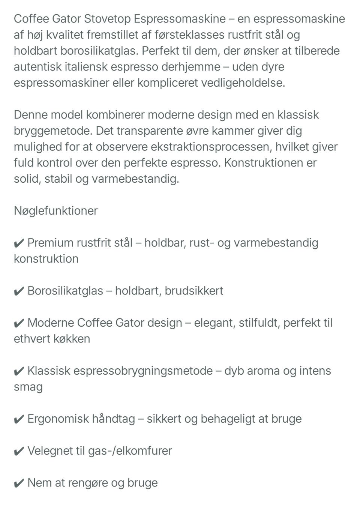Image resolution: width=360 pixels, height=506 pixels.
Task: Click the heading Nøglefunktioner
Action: [55, 211]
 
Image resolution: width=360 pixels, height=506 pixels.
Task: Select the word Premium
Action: [50, 243]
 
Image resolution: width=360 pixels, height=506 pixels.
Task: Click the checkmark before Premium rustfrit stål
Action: [19, 243]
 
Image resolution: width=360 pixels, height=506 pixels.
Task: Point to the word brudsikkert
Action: [194, 291]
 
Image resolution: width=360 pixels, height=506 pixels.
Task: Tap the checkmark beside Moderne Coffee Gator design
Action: [19, 323]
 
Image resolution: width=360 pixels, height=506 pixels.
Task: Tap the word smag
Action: [28, 387]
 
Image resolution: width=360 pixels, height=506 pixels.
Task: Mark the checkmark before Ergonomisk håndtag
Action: [19, 419]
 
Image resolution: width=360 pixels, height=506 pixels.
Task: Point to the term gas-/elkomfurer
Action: [130, 450]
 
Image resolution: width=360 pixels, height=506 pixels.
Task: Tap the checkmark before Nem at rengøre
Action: [19, 483]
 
